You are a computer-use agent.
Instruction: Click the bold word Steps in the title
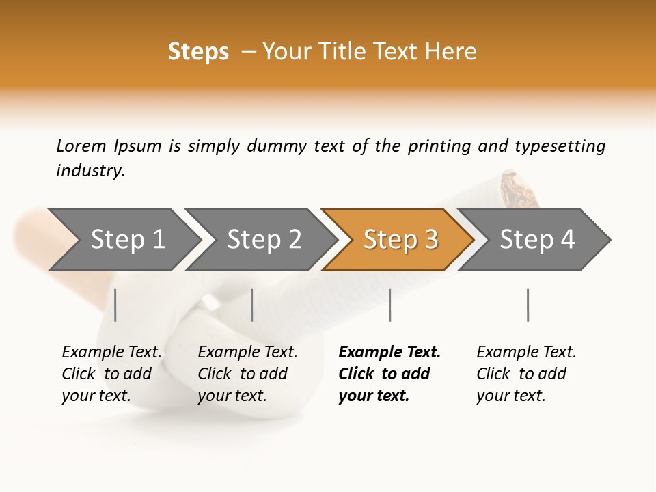point(198,52)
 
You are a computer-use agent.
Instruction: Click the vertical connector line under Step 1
point(115,305)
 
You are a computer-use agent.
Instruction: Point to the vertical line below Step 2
point(252,305)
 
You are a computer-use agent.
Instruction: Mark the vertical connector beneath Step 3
point(389,305)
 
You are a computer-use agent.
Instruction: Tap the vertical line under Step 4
point(528,305)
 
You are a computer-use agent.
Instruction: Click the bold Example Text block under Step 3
point(389,374)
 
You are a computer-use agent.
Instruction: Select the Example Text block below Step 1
point(111,374)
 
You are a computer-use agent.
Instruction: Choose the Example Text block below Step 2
point(247,374)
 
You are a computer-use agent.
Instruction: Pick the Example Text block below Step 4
point(526,374)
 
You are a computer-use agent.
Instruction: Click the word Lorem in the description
point(81,146)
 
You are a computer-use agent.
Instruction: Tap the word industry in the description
point(90,171)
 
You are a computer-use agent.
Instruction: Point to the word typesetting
point(560,146)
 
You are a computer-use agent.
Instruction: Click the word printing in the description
point(439,146)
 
